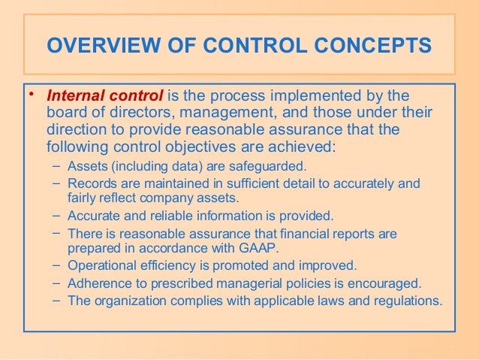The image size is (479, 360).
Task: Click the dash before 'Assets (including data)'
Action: [58, 165]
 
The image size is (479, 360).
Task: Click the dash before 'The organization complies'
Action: [58, 301]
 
